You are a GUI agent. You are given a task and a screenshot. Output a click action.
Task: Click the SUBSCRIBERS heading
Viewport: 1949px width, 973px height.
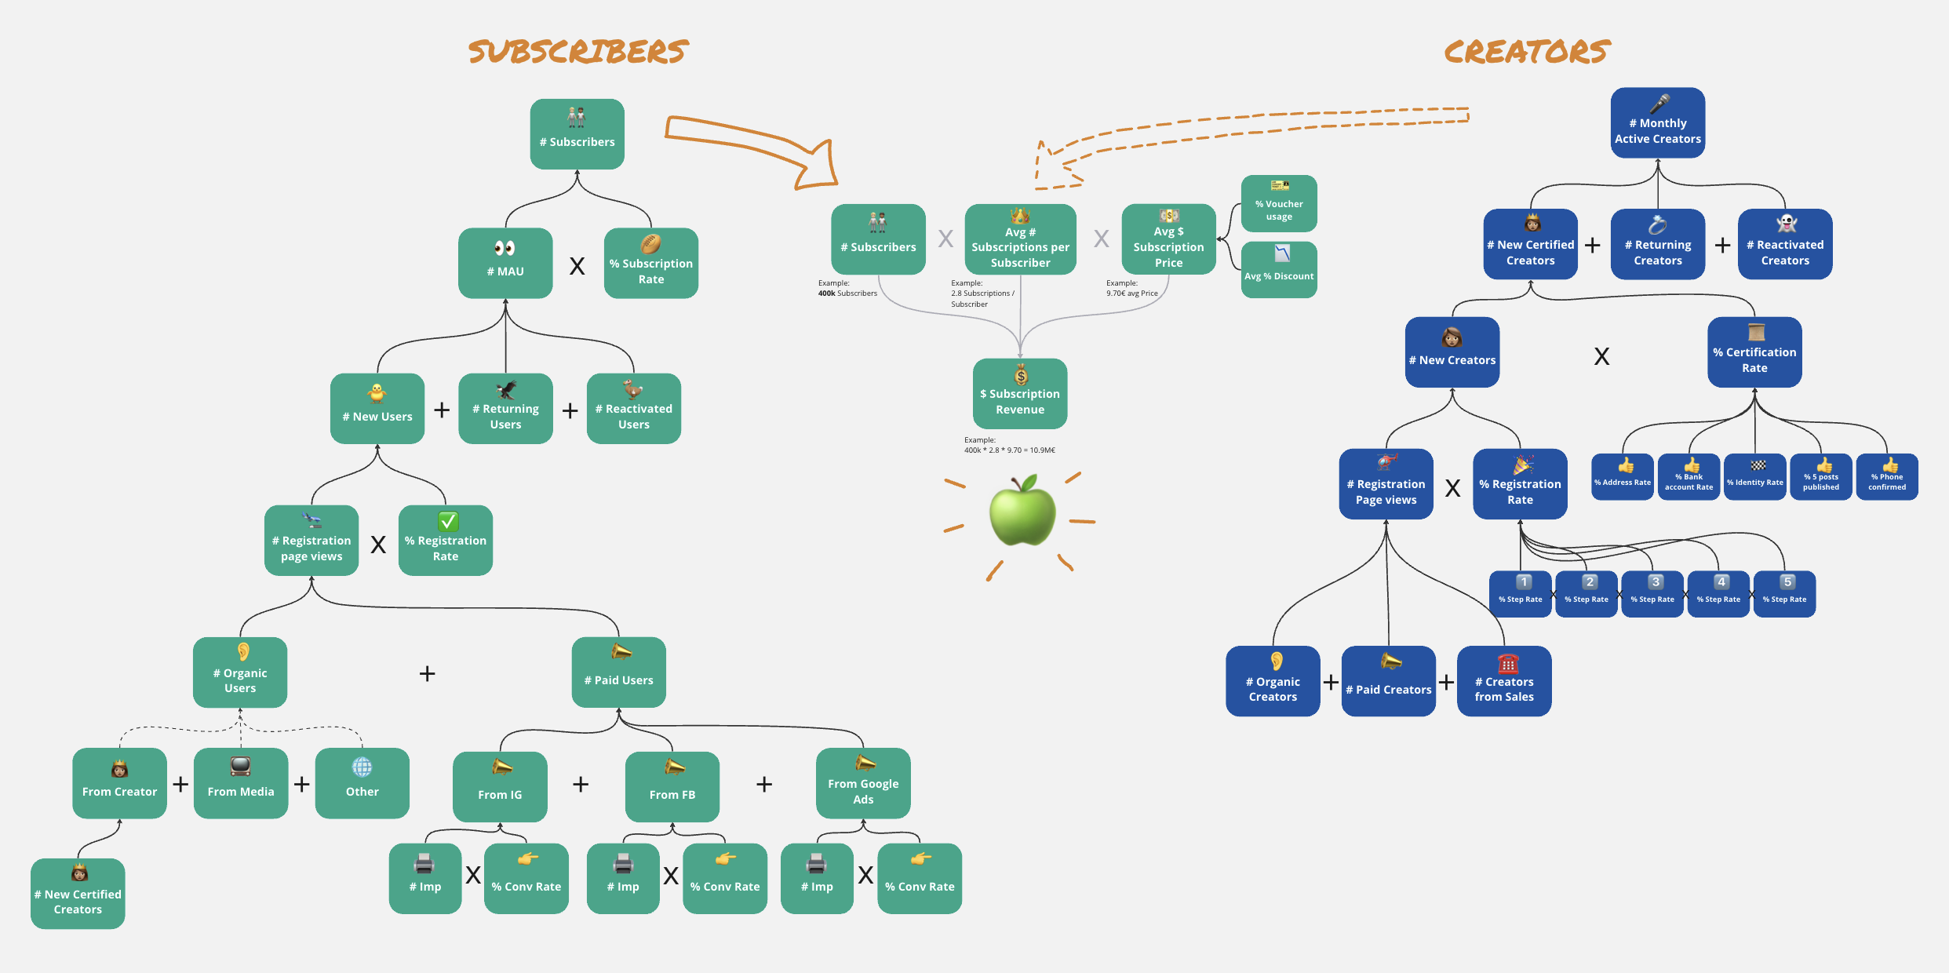(578, 52)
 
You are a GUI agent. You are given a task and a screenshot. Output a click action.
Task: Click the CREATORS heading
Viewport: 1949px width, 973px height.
(1526, 52)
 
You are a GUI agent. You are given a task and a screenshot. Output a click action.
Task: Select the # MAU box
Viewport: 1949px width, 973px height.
(505, 263)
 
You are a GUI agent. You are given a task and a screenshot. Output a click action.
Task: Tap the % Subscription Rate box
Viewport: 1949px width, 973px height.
(650, 263)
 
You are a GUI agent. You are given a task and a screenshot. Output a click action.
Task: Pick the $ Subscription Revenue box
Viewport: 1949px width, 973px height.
(1019, 394)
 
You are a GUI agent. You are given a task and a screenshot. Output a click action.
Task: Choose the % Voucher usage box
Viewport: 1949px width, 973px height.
(1278, 203)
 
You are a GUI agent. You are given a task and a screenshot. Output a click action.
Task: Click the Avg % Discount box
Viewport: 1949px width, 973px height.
(1278, 269)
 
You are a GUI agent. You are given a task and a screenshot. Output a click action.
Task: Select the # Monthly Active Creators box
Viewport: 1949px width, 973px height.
(1657, 123)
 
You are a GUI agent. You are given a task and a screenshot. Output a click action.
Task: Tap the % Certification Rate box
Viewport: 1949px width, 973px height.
(1754, 352)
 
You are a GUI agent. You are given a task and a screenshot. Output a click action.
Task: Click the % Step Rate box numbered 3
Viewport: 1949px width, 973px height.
(1652, 594)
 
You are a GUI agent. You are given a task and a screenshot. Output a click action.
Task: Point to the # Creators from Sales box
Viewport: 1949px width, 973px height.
(1503, 681)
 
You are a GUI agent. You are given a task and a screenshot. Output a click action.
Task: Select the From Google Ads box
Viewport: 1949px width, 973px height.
(862, 783)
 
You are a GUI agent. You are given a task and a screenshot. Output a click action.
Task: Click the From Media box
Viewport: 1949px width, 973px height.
(240, 783)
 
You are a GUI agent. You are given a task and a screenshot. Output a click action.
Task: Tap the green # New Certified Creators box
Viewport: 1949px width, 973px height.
(78, 894)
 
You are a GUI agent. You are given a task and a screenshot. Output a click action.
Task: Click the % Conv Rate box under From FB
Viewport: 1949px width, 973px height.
(724, 878)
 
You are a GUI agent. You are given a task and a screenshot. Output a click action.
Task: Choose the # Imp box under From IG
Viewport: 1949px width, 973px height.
(424, 878)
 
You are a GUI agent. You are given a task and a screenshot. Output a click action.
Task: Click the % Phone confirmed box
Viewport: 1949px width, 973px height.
(1886, 476)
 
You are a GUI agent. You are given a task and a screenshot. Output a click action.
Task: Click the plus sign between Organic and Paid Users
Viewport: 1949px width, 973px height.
(427, 673)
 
